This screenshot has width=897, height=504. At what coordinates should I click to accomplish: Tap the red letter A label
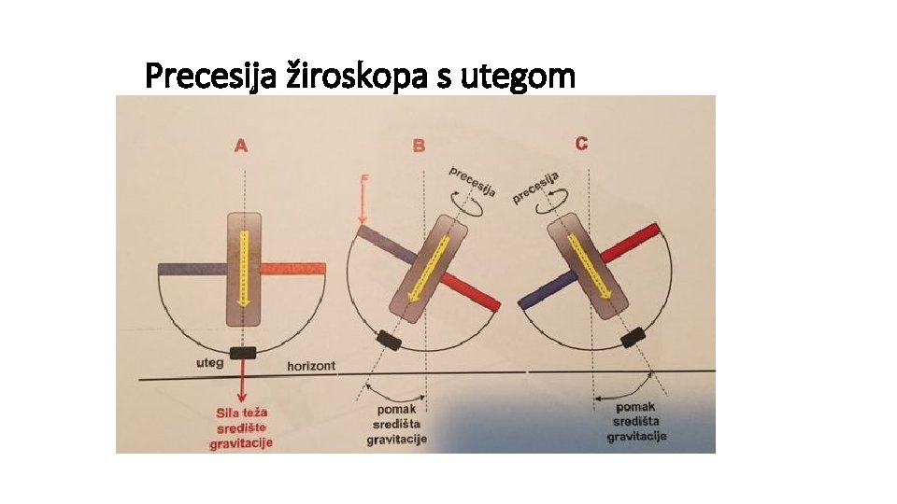[241, 146]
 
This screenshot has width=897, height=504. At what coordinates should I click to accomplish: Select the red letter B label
[419, 146]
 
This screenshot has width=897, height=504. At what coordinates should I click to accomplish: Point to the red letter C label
[581, 143]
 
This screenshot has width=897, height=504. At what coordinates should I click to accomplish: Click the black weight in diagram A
[243, 352]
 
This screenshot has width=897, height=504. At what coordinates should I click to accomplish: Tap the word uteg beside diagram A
[207, 362]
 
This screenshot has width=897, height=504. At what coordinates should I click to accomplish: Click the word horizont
[311, 365]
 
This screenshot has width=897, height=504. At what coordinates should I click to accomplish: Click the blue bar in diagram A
[191, 269]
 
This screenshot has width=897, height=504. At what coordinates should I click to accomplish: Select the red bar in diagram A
[293, 269]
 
